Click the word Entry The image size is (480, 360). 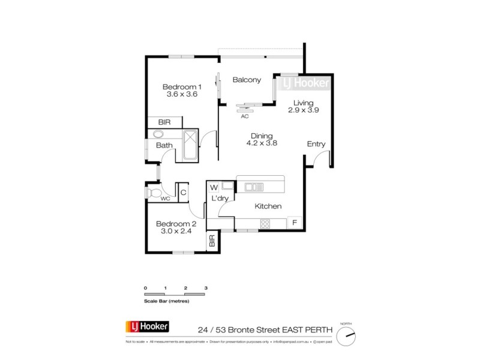(316, 144)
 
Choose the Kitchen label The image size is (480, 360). (268, 206)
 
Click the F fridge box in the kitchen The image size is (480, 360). (295, 223)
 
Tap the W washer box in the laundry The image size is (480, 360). (214, 188)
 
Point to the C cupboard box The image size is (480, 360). (184, 193)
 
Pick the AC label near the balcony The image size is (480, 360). (245, 116)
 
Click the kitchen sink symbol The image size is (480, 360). (253, 187)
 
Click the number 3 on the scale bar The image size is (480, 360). (206, 289)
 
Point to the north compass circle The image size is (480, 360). (346, 335)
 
